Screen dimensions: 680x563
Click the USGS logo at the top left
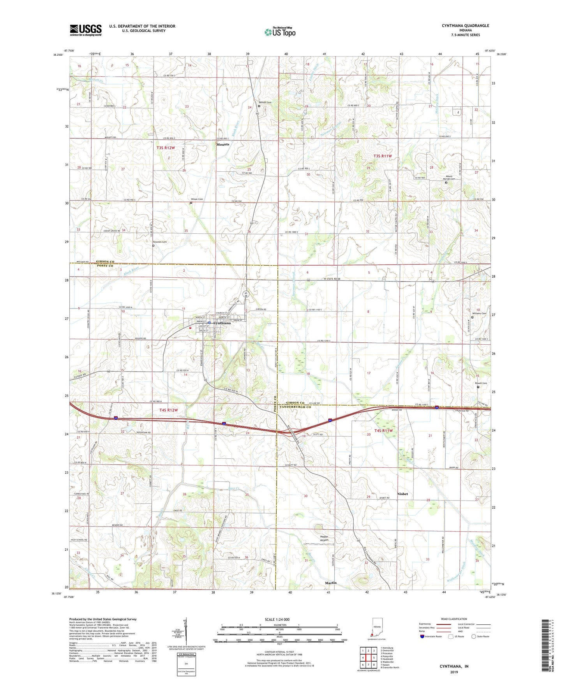point(86,30)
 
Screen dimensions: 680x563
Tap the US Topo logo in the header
point(280,32)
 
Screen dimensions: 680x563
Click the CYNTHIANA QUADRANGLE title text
point(465,26)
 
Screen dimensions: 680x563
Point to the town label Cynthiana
point(222,323)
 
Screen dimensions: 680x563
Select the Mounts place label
point(223,144)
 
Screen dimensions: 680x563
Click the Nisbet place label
point(402,494)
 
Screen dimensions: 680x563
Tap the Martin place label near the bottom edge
point(331,583)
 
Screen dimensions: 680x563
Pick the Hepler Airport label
point(325,538)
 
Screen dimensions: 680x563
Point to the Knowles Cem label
point(159,242)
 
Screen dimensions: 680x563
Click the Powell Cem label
point(481,383)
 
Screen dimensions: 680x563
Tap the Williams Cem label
point(479,314)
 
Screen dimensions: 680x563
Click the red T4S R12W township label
point(168,410)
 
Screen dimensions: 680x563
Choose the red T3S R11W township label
point(383,156)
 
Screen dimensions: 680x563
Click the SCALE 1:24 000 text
point(277,620)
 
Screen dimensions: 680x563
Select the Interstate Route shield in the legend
point(422,636)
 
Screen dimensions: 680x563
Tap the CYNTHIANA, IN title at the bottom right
point(454,666)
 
